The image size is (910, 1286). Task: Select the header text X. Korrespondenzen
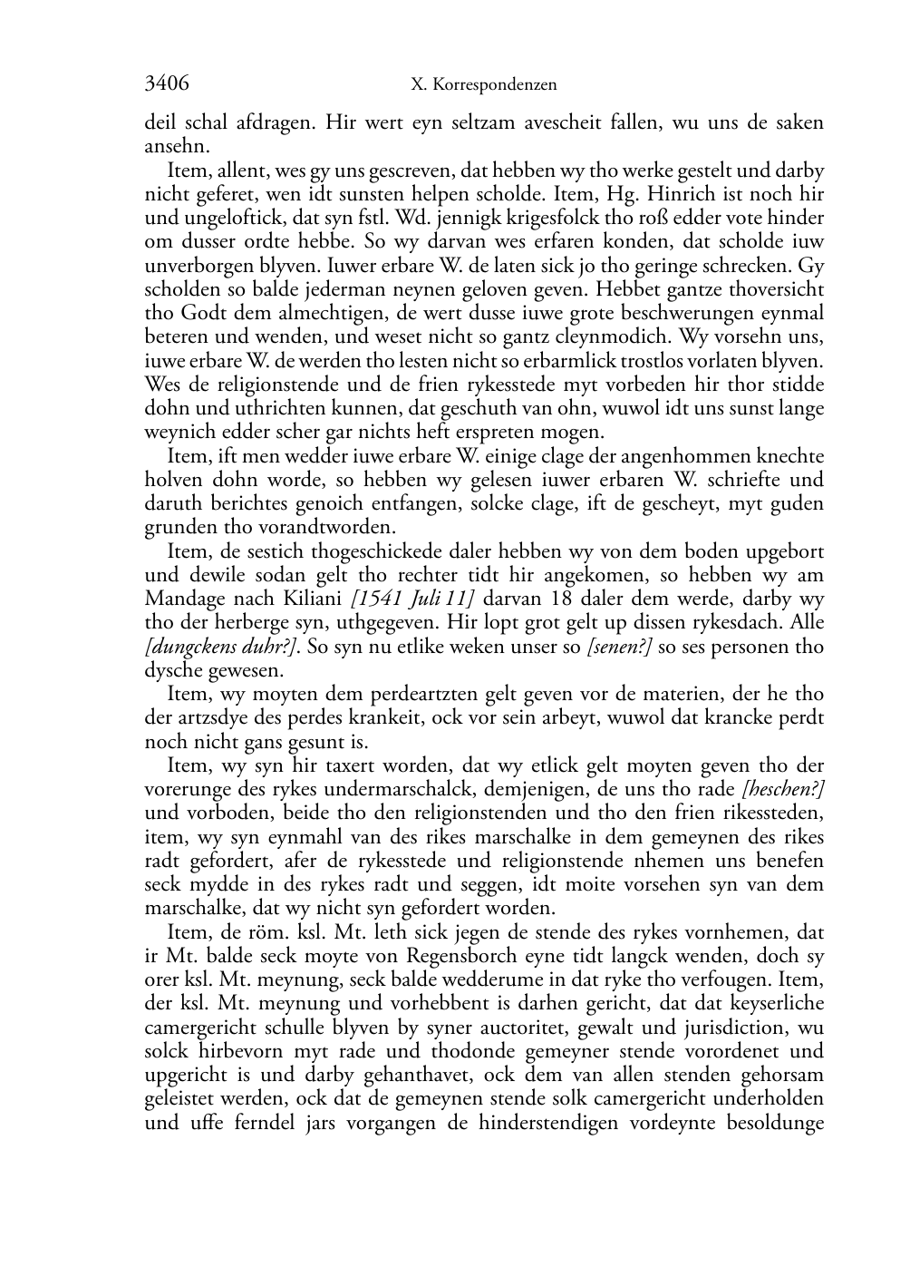pyautogui.click(x=483, y=85)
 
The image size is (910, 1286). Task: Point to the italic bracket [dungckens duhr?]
pyautogui.click(x=222, y=647)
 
